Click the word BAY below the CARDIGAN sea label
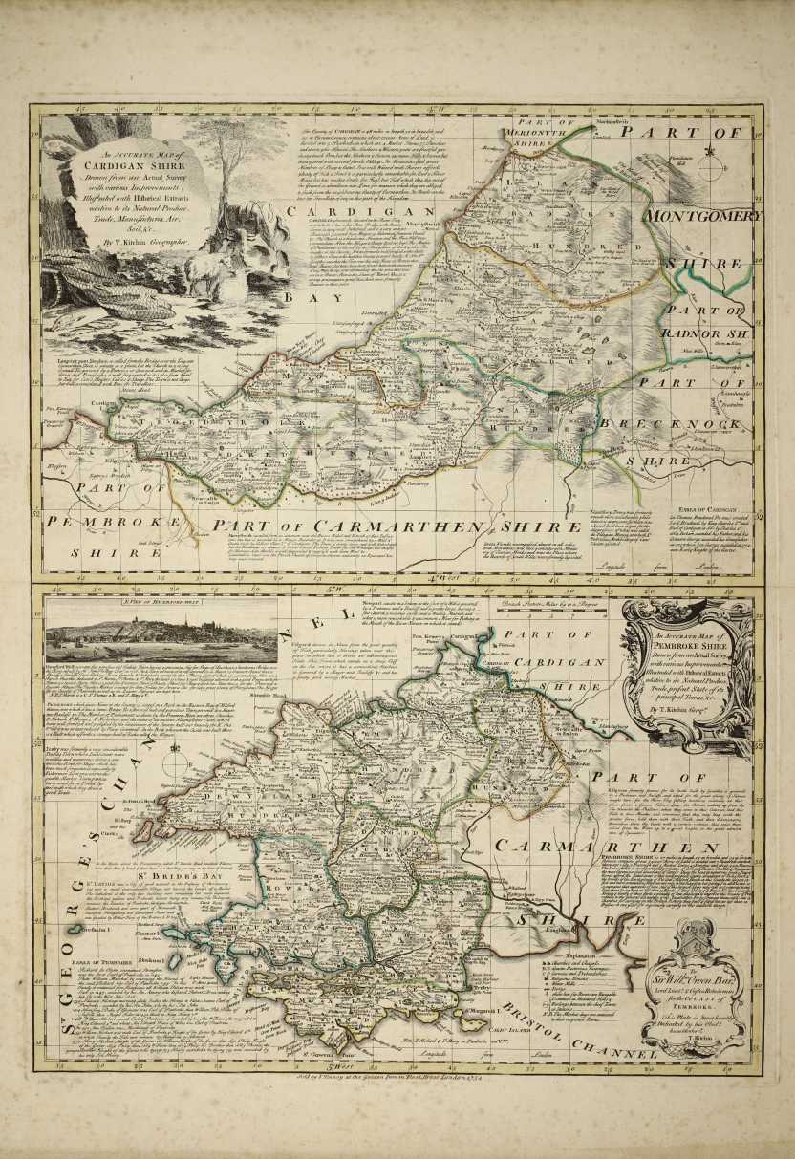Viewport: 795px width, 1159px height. (x=303, y=297)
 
